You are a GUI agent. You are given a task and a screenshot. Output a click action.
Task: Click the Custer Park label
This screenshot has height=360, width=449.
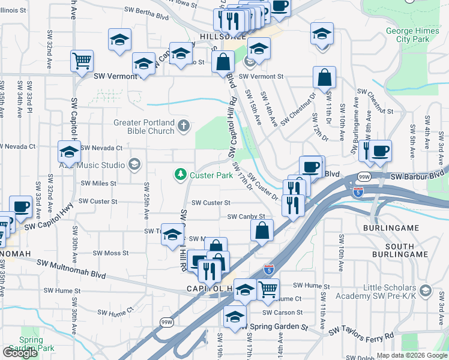211,175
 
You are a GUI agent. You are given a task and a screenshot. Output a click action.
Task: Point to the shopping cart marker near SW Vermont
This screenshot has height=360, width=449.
82,61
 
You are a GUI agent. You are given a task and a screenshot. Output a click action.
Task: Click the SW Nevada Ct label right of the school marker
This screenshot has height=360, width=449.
101,148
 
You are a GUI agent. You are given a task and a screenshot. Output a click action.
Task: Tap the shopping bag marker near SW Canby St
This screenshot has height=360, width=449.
262,230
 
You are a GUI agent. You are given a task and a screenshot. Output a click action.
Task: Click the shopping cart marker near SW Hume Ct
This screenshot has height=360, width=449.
268,289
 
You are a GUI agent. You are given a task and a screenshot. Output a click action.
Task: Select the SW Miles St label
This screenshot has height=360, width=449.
98,183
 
